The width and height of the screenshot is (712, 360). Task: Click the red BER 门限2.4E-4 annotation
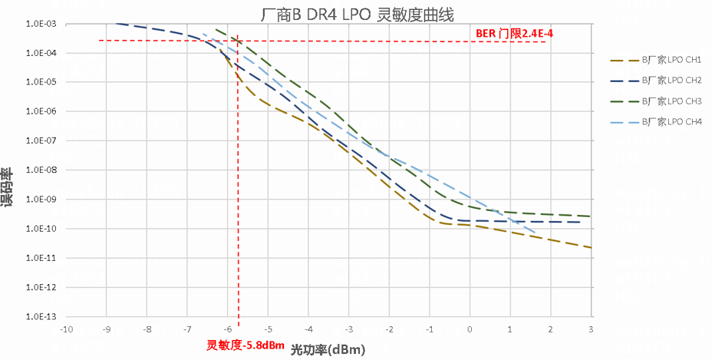pyautogui.click(x=514, y=34)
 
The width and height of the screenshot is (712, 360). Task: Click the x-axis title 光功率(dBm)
pyautogui.click(x=328, y=349)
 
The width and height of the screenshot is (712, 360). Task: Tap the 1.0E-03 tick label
pyautogui.click(x=41, y=24)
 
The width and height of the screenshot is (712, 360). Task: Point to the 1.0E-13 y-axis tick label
pyautogui.click(x=41, y=316)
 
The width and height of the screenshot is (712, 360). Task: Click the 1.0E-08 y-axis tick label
pyautogui.click(x=41, y=170)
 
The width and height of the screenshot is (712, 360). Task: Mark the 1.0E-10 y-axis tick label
pyautogui.click(x=41, y=229)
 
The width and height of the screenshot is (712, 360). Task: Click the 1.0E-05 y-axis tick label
pyautogui.click(x=41, y=82)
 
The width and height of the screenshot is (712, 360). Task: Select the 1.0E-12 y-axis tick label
pyautogui.click(x=41, y=287)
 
